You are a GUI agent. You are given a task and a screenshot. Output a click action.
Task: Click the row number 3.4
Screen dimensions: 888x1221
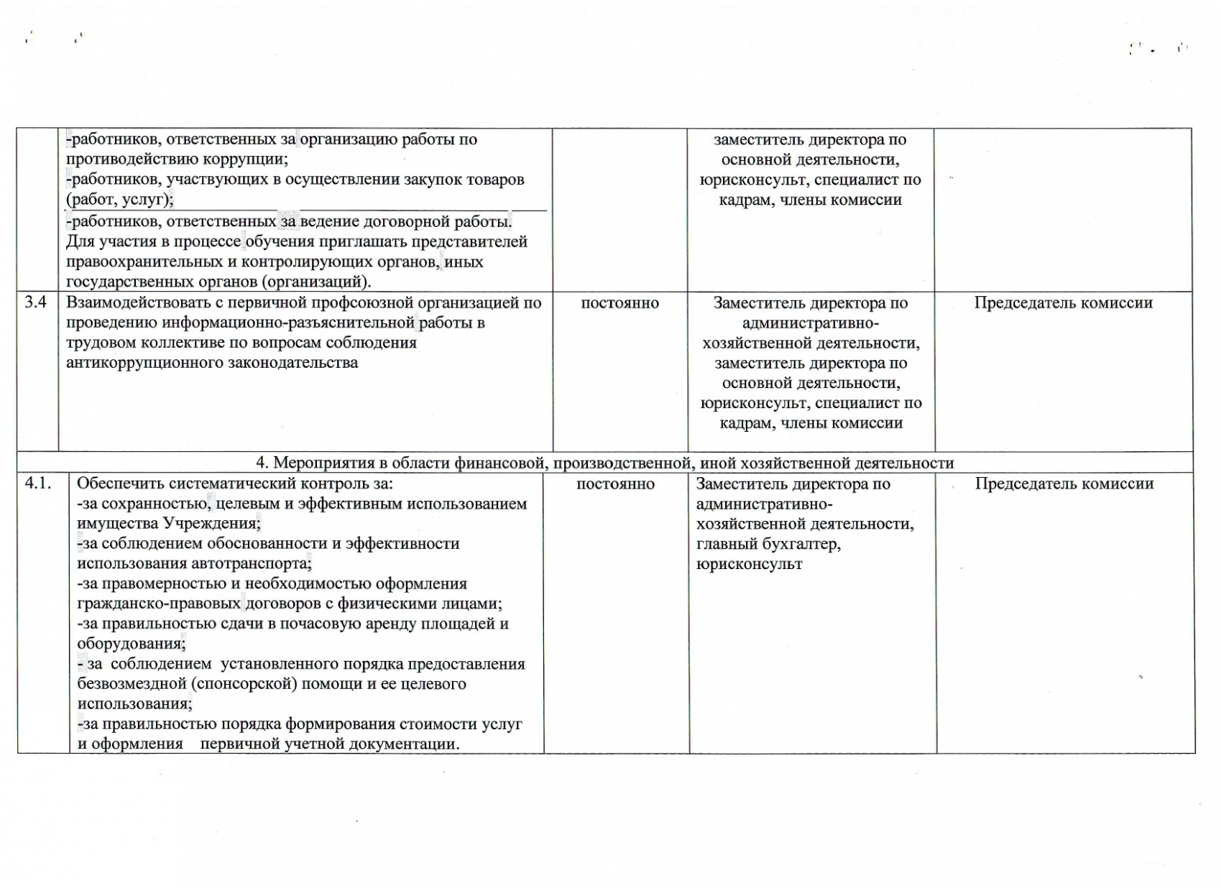point(36,302)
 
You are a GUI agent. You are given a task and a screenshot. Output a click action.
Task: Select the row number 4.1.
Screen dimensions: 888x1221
point(38,484)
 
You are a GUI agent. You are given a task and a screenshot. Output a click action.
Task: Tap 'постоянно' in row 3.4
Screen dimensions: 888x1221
point(619,303)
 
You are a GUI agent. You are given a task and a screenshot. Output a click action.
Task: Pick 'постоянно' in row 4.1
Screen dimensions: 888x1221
point(615,484)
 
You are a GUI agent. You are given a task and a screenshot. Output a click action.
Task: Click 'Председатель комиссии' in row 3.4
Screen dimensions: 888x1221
point(1063,303)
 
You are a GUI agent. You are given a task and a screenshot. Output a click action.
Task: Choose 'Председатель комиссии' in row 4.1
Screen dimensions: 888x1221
point(1064,484)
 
